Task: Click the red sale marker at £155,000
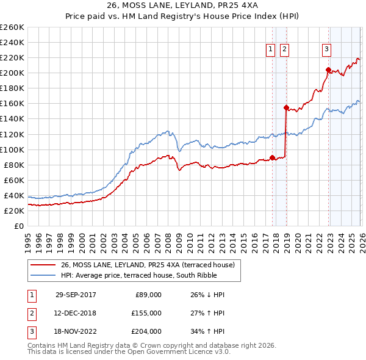(x=285, y=107)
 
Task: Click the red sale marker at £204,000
(x=328, y=70)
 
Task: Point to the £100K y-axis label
(x=12, y=149)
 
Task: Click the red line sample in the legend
(x=43, y=264)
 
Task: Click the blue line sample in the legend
(x=43, y=275)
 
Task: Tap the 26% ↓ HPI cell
(x=207, y=295)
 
